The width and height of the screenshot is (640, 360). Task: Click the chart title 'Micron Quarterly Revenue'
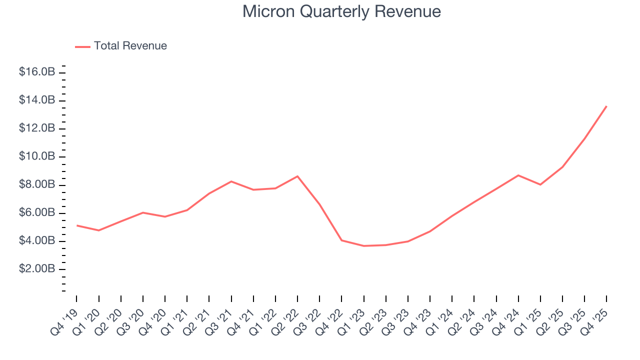[341, 11]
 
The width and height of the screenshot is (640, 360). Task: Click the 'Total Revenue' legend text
[130, 46]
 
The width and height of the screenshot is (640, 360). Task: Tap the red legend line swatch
[82, 46]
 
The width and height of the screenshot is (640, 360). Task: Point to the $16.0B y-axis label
[36, 72]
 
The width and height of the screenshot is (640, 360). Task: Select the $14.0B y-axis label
[36, 100]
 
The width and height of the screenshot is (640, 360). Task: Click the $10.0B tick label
[36, 156]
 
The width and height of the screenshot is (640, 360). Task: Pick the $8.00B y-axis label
[36, 184]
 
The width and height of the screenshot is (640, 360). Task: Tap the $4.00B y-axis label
[36, 241]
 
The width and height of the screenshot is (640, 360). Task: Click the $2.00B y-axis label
[36, 269]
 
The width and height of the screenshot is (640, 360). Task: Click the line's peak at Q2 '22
[297, 176]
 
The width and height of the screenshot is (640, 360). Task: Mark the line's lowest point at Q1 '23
[363, 246]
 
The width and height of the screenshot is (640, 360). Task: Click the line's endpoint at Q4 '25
[606, 106]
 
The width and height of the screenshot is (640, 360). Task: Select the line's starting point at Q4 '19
[76, 225]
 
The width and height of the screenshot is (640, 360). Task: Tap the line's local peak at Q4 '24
[518, 175]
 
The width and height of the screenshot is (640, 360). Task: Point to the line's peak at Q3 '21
[231, 181]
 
